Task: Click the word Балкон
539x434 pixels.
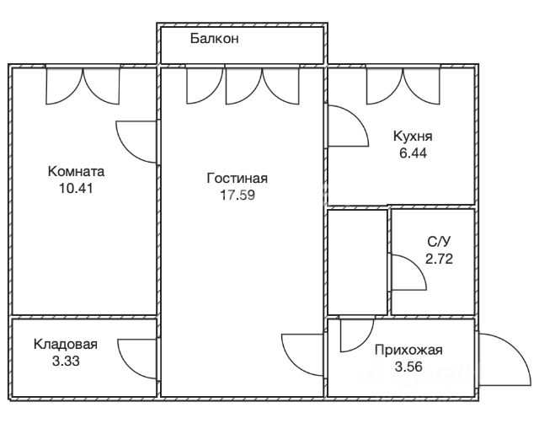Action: [214, 39]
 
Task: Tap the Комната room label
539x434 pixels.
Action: [76, 171]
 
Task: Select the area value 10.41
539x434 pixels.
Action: [76, 189]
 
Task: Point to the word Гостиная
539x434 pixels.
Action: [237, 179]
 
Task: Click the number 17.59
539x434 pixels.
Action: [237, 196]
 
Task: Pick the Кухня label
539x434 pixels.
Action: [413, 137]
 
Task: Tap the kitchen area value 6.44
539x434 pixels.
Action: [413, 153]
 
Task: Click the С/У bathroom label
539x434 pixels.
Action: [439, 242]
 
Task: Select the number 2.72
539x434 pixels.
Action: [439, 259]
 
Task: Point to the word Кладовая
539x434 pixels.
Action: [66, 344]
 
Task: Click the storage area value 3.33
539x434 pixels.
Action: [66, 361]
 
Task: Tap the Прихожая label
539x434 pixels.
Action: [408, 350]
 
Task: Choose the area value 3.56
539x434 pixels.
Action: [408, 367]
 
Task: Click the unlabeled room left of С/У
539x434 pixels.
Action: [357, 262]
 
